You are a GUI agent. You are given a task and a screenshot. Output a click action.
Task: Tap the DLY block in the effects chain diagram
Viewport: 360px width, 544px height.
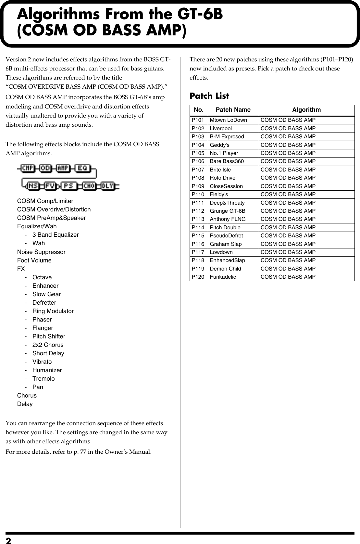(x=107, y=186)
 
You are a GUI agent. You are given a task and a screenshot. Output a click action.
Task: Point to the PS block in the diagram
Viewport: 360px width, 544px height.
(x=68, y=186)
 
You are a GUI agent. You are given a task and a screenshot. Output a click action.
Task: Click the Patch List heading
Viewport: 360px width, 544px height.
(x=209, y=96)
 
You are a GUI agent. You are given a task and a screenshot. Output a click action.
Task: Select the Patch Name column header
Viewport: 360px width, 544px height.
(x=233, y=110)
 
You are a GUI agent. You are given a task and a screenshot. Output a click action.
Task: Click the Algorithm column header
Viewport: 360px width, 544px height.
(x=306, y=110)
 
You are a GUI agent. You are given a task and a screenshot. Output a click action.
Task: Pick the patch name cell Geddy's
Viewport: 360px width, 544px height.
(x=219, y=145)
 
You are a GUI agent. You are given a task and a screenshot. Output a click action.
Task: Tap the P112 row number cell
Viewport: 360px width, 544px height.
(x=198, y=211)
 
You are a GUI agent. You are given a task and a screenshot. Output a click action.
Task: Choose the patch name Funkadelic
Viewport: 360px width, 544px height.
(x=223, y=277)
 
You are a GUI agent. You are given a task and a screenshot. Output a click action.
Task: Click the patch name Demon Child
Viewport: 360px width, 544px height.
(x=225, y=269)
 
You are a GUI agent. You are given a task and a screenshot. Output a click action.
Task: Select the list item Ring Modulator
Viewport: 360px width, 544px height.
(x=53, y=311)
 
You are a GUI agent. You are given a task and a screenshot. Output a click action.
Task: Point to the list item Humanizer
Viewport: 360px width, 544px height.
(x=47, y=370)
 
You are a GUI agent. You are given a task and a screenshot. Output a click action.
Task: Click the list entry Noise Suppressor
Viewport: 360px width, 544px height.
(x=41, y=252)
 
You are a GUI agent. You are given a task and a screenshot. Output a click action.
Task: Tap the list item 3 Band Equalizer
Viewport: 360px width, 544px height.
(x=56, y=235)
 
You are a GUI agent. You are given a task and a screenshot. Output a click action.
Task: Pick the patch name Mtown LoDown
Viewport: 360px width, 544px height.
(x=228, y=120)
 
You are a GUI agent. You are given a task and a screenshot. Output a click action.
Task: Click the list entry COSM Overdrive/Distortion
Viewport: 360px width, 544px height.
(x=54, y=209)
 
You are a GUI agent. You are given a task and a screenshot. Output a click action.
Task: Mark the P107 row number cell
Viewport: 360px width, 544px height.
(x=198, y=170)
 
